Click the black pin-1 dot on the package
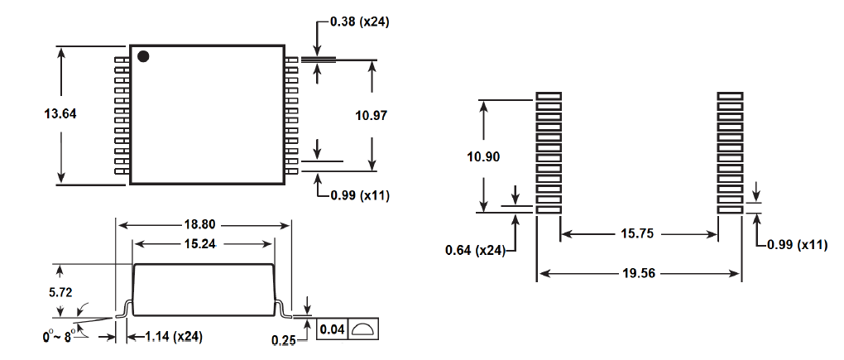coord(143,57)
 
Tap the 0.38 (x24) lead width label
coord(359,22)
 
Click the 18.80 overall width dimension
coord(204,224)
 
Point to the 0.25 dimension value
coord(284,339)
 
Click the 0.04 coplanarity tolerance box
coord(333,329)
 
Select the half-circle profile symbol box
coord(362,329)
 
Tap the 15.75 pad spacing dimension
coord(639,234)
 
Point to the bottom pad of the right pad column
coord(730,210)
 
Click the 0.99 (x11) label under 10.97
coord(359,195)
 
